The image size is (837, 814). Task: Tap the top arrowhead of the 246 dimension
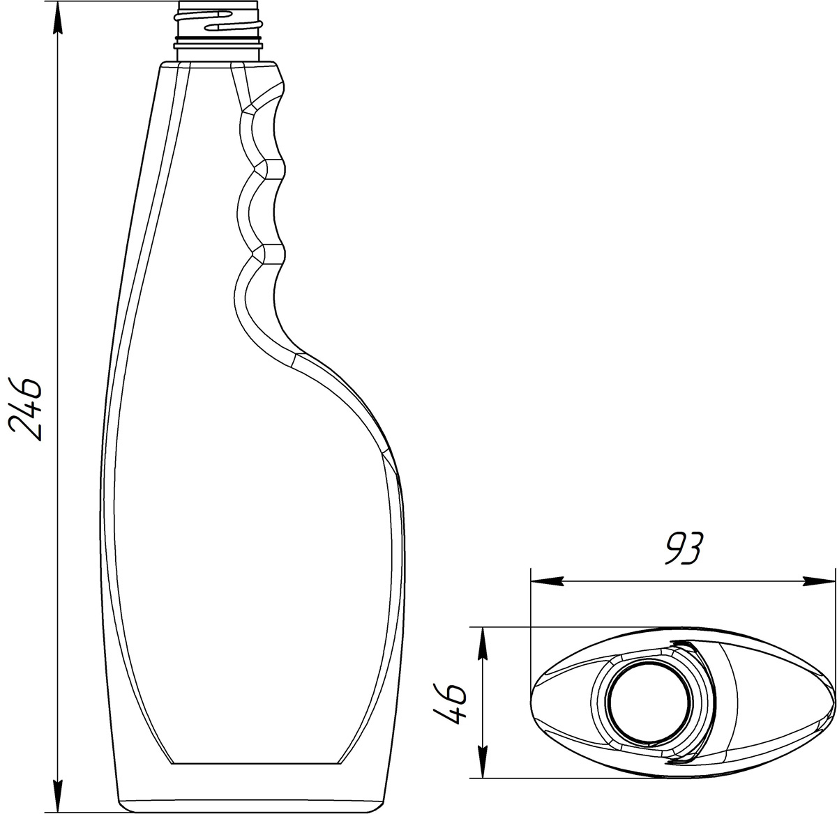(x=58, y=19)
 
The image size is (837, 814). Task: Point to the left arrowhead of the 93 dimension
(x=547, y=581)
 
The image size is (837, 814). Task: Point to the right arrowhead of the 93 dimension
(x=818, y=581)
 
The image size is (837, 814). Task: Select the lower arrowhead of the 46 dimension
(x=483, y=761)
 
